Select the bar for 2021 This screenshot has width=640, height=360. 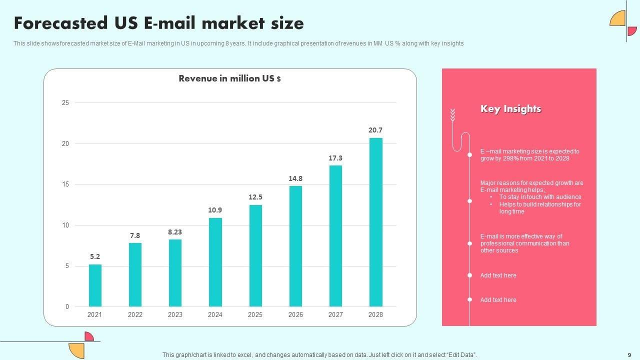(95, 285)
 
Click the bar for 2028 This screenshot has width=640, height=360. (375, 222)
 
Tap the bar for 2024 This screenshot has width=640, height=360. (215, 262)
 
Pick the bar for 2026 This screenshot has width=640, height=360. (295, 246)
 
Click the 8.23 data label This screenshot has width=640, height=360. (175, 232)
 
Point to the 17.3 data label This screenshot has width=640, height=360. (335, 158)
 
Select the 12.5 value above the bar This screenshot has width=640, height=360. (255, 197)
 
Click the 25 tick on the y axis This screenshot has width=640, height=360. (65, 103)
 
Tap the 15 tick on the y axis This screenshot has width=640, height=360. (65, 184)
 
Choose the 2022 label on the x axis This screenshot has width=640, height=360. (135, 315)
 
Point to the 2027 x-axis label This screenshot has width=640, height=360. (335, 315)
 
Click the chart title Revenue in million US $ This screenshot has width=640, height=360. (229, 78)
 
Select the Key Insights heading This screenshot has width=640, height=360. (510, 109)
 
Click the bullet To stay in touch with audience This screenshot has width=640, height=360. (540, 197)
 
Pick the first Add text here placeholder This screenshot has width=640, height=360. (498, 275)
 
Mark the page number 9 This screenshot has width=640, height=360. (629, 354)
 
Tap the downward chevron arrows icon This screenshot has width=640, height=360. (452, 115)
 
